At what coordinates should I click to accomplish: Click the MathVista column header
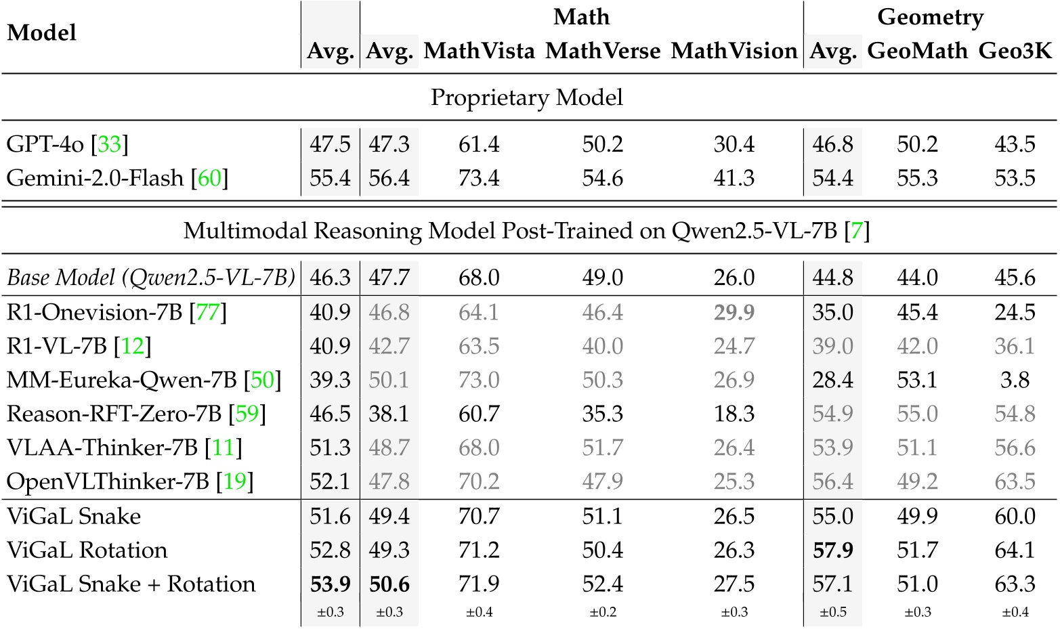click(479, 51)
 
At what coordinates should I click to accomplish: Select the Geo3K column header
click(1015, 51)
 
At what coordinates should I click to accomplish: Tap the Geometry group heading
click(930, 17)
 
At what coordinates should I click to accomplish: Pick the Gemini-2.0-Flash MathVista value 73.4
click(479, 178)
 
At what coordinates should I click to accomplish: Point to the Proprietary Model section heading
click(526, 97)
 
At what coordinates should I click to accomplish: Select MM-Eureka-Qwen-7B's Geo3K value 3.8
click(1015, 380)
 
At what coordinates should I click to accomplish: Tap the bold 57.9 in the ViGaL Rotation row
click(832, 550)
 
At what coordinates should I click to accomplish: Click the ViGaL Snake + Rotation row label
click(131, 584)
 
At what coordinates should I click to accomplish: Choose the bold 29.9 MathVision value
click(734, 312)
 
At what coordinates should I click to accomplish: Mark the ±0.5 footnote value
click(832, 612)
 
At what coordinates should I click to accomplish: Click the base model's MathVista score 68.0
click(479, 278)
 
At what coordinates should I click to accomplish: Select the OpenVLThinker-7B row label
click(129, 481)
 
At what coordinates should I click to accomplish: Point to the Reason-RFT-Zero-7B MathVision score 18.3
click(734, 414)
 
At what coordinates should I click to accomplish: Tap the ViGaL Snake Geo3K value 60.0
click(1015, 516)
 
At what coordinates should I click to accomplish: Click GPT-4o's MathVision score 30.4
click(734, 144)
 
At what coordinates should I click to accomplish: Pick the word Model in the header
click(41, 32)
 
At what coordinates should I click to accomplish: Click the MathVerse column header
click(603, 51)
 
